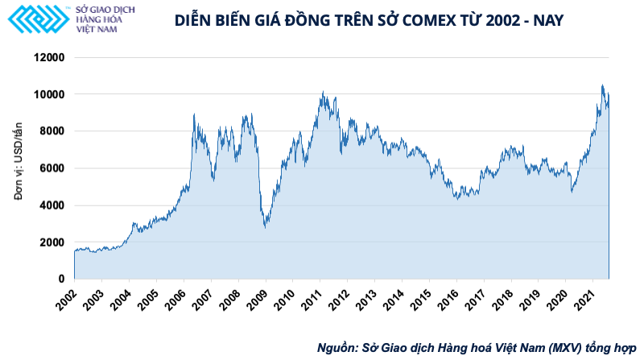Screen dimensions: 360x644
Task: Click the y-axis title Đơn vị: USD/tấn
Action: pos(18,168)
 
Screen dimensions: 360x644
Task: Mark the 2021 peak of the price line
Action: pos(602,85)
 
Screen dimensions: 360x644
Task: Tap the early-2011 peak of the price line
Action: pos(323,93)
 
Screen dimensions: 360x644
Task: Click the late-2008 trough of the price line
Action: pos(266,227)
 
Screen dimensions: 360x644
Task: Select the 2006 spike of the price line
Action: pos(194,115)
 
